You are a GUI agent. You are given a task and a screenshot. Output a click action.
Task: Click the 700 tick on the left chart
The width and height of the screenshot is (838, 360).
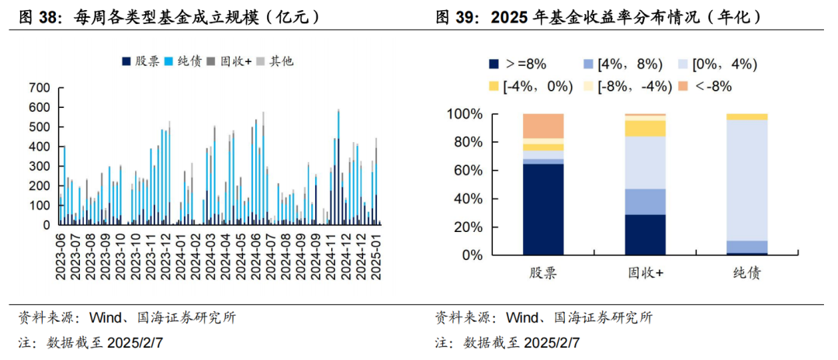point(40,88)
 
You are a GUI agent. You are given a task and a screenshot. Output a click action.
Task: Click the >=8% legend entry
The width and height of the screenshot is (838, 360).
point(516,64)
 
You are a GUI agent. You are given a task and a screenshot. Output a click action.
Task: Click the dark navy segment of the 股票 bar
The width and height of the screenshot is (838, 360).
point(543,209)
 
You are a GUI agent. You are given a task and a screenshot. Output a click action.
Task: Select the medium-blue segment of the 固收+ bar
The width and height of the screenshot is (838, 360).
point(646,202)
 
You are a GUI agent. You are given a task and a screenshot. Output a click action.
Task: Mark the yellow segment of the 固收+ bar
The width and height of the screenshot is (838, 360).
point(646,128)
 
